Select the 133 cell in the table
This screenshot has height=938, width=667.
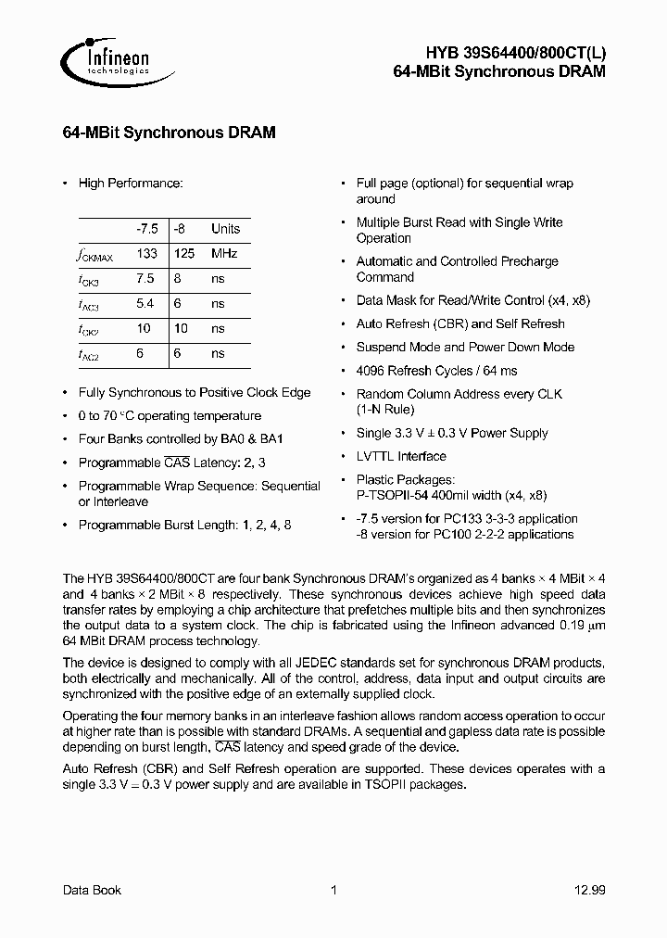tap(146, 253)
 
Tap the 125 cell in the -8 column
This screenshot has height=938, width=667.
tap(185, 253)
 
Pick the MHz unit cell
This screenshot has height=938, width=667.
tap(224, 253)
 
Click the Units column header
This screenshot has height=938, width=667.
tap(225, 228)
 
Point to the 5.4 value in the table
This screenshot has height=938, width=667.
tap(145, 303)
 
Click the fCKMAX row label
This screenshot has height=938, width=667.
tap(94, 254)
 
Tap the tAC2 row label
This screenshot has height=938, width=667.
tap(88, 354)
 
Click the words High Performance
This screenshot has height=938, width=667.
tap(131, 184)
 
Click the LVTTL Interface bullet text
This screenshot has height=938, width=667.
tap(401, 456)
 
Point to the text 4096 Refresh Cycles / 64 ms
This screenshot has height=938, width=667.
tap(436, 371)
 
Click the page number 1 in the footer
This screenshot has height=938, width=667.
tap(333, 890)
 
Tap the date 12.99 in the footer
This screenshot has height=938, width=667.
tap(588, 890)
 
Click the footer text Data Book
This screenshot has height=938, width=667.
tap(92, 890)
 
